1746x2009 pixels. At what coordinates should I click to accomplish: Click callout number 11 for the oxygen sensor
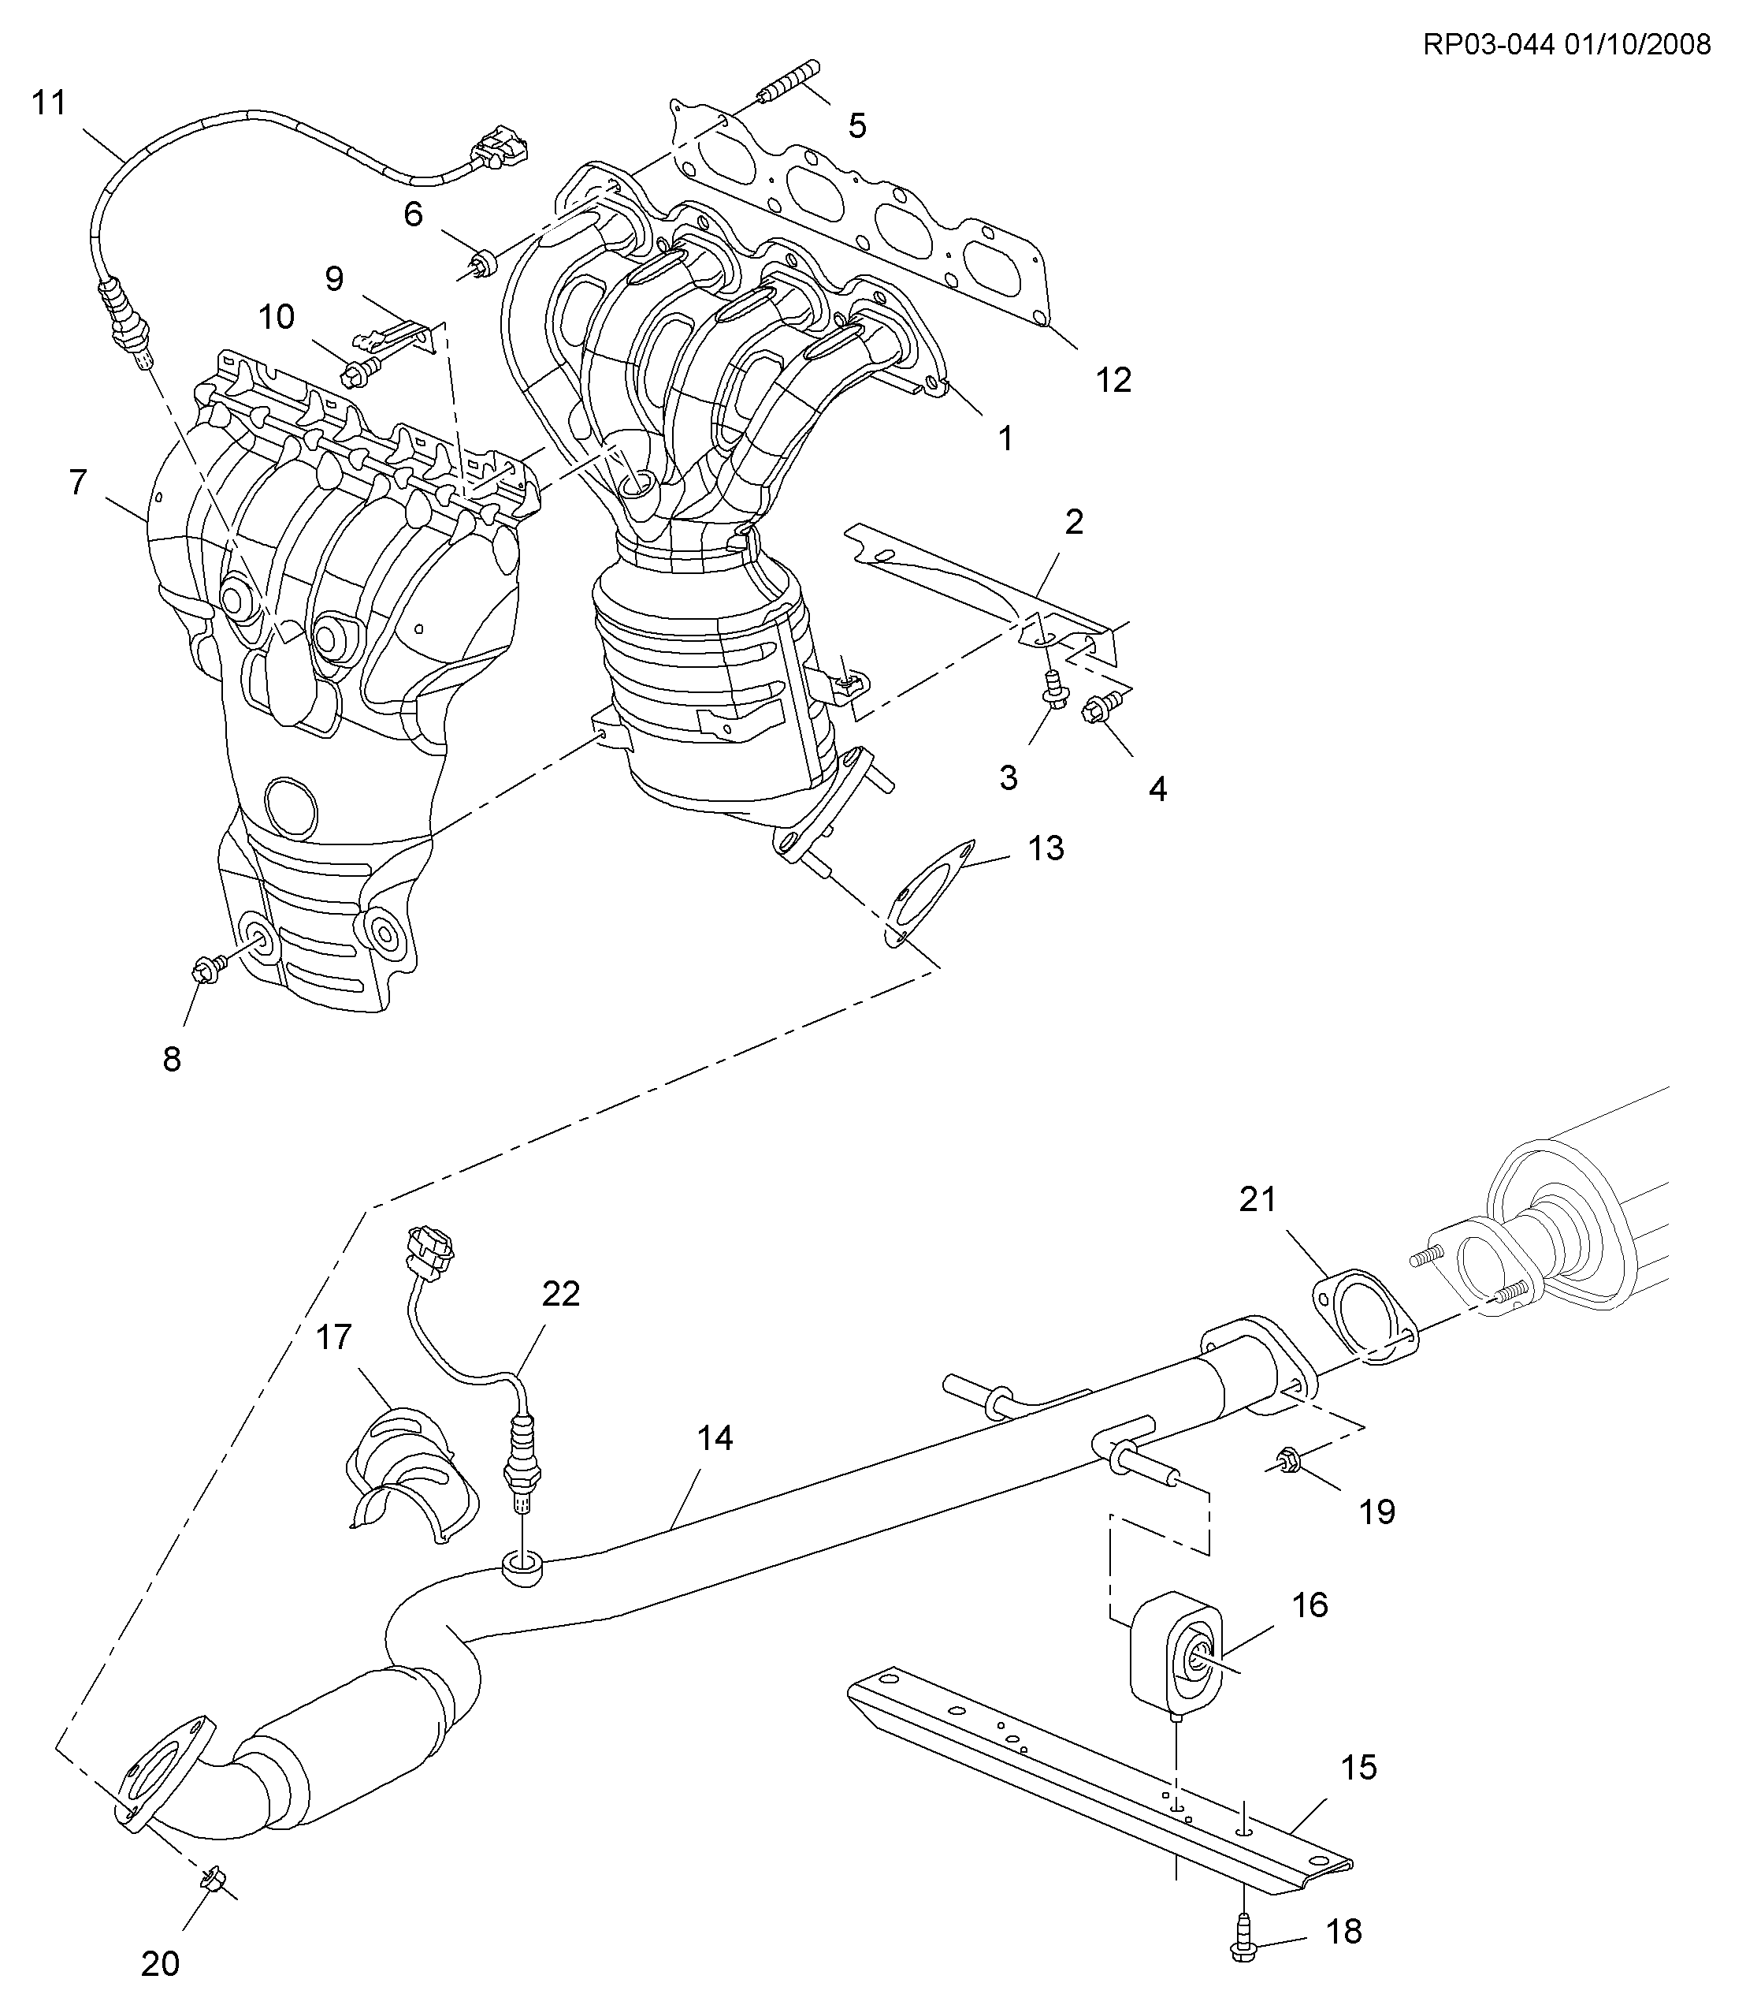point(49,102)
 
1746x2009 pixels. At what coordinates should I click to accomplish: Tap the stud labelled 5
point(788,81)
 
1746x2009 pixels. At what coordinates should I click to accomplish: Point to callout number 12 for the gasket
point(1113,379)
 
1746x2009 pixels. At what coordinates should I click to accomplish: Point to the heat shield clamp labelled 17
point(411,1476)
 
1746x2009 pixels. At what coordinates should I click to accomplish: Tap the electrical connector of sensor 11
point(499,146)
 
